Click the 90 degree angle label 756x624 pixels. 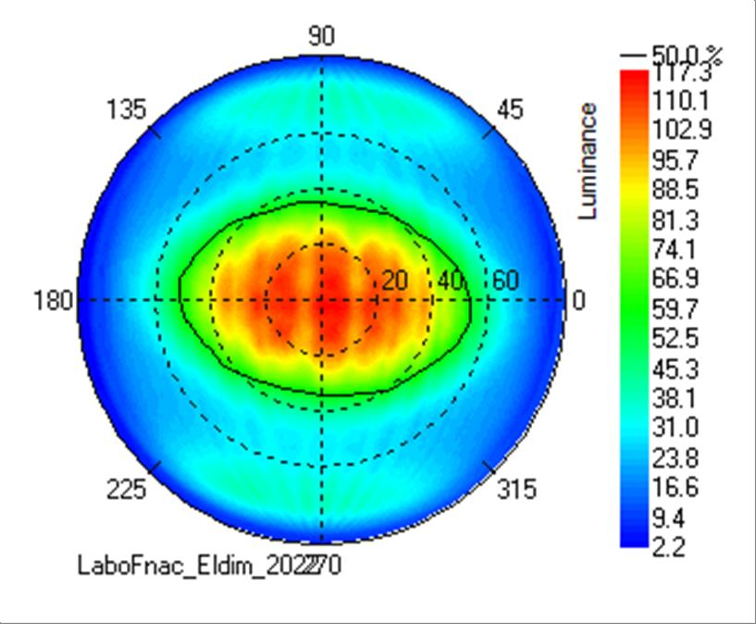point(321,36)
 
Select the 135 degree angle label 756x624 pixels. point(127,110)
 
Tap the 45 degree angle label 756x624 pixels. point(510,110)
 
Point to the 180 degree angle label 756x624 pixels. point(54,301)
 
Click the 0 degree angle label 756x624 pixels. point(579,301)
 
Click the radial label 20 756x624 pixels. point(394,281)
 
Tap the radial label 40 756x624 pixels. point(451,281)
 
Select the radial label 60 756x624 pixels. point(505,281)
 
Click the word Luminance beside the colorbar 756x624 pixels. point(588,161)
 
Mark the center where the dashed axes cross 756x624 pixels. point(321,300)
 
